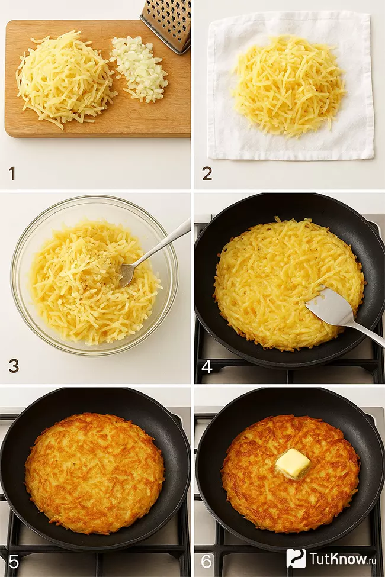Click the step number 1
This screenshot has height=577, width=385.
(12, 173)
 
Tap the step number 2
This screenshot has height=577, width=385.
(207, 173)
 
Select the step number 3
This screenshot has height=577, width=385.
(14, 366)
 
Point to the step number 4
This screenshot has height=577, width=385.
(207, 366)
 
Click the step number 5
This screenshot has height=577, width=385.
(14, 562)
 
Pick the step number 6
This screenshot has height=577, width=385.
(207, 562)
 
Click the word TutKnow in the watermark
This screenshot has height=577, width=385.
(338, 558)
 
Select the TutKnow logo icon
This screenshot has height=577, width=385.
(296, 558)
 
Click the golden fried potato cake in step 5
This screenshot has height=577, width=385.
(94, 473)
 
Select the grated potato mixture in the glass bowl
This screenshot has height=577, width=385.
(95, 282)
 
